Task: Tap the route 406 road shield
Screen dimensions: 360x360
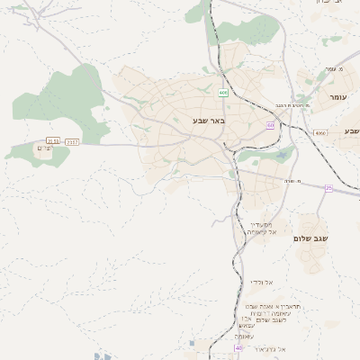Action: click(221, 92)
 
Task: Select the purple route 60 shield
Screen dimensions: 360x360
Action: click(270, 125)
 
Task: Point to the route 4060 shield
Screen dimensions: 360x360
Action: click(321, 133)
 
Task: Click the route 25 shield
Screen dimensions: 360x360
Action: click(328, 188)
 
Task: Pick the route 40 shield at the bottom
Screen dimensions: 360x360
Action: click(238, 347)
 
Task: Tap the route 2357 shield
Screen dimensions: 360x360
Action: click(73, 140)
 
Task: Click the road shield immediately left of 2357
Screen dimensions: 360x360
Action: click(54, 140)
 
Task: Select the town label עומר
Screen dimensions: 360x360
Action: click(337, 95)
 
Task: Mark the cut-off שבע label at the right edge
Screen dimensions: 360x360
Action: click(351, 131)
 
